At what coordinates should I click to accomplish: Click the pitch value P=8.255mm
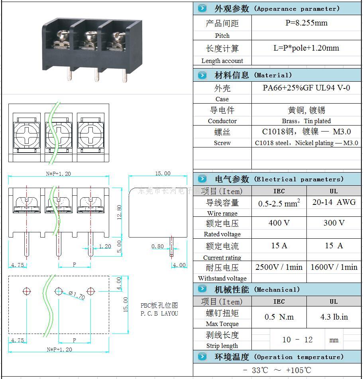pyautogui.click(x=306, y=23)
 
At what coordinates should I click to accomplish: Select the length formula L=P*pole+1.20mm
pyautogui.click(x=306, y=48)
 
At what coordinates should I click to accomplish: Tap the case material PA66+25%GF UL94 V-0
pyautogui.click(x=306, y=88)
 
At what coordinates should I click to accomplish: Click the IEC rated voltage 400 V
pyautogui.click(x=279, y=223)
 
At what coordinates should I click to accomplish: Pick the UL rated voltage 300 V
pyautogui.click(x=334, y=223)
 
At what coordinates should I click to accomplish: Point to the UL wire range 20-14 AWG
pyautogui.click(x=334, y=202)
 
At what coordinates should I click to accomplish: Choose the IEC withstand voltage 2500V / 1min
pyautogui.click(x=279, y=267)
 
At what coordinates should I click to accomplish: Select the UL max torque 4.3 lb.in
pyautogui.click(x=334, y=317)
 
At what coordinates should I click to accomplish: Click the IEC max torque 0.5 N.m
pyautogui.click(x=279, y=317)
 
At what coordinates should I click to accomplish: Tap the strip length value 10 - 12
pyautogui.click(x=297, y=340)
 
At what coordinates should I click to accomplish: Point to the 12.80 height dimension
pyautogui.click(x=119, y=212)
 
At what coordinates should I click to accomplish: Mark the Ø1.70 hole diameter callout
pyautogui.click(x=77, y=295)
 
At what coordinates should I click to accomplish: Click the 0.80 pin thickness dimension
pyautogui.click(x=157, y=246)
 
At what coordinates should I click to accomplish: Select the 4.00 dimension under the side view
pyautogui.click(x=179, y=265)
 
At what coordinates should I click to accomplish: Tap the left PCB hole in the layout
pyautogui.click(x=26, y=291)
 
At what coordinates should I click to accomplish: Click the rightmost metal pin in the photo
pyautogui.click(x=124, y=76)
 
